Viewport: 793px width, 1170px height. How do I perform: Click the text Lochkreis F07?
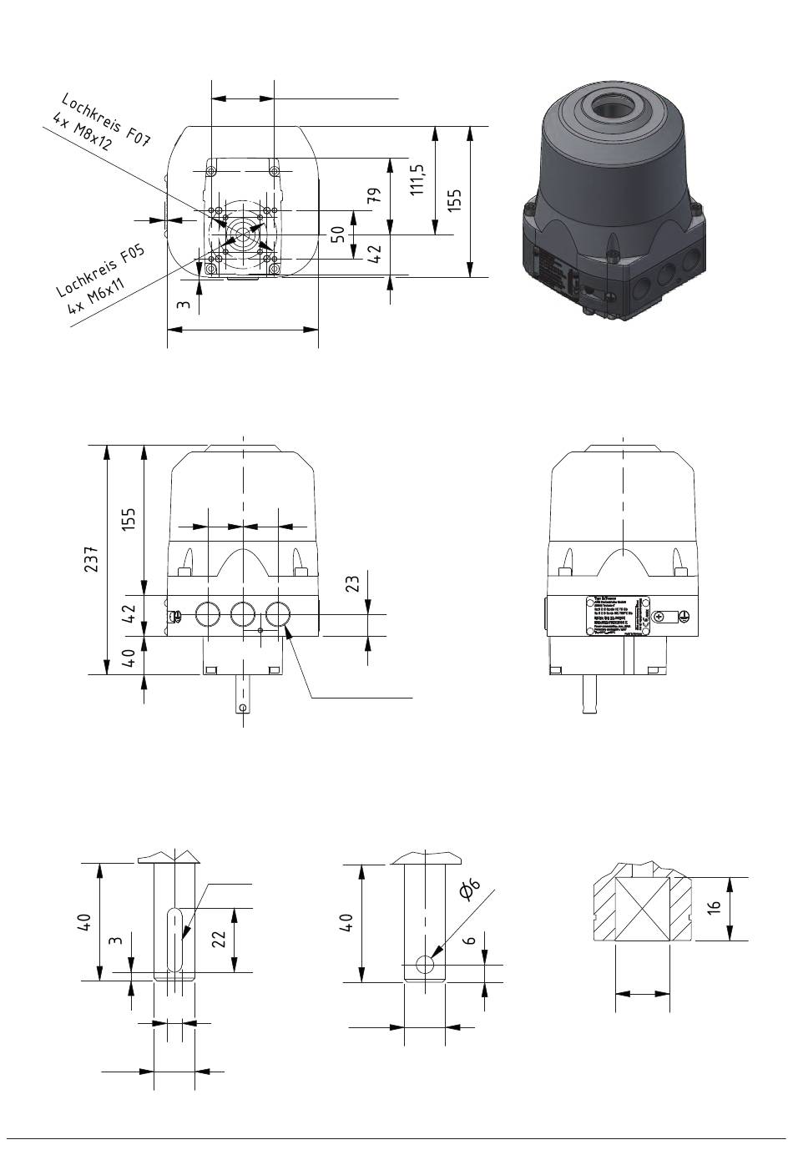tap(105, 117)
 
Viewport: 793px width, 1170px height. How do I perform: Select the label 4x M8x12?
tap(82, 131)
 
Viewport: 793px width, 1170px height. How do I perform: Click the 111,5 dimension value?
tap(418, 179)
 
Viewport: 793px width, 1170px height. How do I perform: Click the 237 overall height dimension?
tap(92, 558)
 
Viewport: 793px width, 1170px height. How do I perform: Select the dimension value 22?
tap(219, 939)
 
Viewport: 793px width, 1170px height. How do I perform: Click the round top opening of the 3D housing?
tap(614, 109)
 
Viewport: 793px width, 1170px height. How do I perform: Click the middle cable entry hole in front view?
tap(243, 615)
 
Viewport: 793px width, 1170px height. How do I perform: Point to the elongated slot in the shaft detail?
tap(174, 940)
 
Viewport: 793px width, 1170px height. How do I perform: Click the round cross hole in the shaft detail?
tap(425, 965)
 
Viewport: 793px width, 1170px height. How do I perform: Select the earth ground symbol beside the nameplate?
tap(684, 616)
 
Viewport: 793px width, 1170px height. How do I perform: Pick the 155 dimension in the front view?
tap(129, 518)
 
